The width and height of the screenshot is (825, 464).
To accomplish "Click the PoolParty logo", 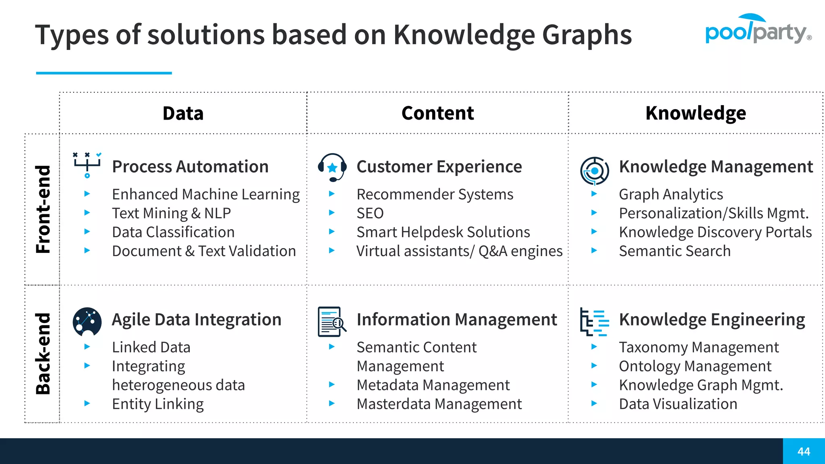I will click(757, 30).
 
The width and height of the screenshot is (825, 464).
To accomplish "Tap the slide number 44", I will click(804, 452).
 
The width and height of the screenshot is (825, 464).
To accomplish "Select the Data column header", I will click(183, 113).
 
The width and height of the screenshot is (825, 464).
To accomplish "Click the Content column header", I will click(437, 113).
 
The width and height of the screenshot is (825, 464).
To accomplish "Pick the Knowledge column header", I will click(696, 113).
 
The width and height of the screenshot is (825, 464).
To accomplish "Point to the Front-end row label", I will click(43, 209).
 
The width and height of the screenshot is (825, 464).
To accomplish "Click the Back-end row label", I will click(43, 354).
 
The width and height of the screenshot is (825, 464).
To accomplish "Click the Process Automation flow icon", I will click(87, 165).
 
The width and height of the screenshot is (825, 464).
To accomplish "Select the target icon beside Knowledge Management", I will click(595, 171).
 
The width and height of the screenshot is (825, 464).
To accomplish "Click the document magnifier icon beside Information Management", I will click(332, 322).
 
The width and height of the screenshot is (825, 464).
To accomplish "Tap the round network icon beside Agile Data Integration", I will click(87, 322).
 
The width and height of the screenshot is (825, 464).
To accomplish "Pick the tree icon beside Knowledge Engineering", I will click(594, 322).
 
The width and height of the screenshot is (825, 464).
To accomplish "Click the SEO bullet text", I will click(370, 213).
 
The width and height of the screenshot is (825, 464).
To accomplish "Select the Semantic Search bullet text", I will click(674, 251).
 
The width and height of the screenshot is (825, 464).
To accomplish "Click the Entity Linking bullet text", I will click(158, 404).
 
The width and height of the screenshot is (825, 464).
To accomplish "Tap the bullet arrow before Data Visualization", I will click(594, 403).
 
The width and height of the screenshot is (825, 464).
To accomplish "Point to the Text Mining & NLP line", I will click(171, 213).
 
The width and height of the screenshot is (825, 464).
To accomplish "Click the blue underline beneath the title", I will click(104, 73).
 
